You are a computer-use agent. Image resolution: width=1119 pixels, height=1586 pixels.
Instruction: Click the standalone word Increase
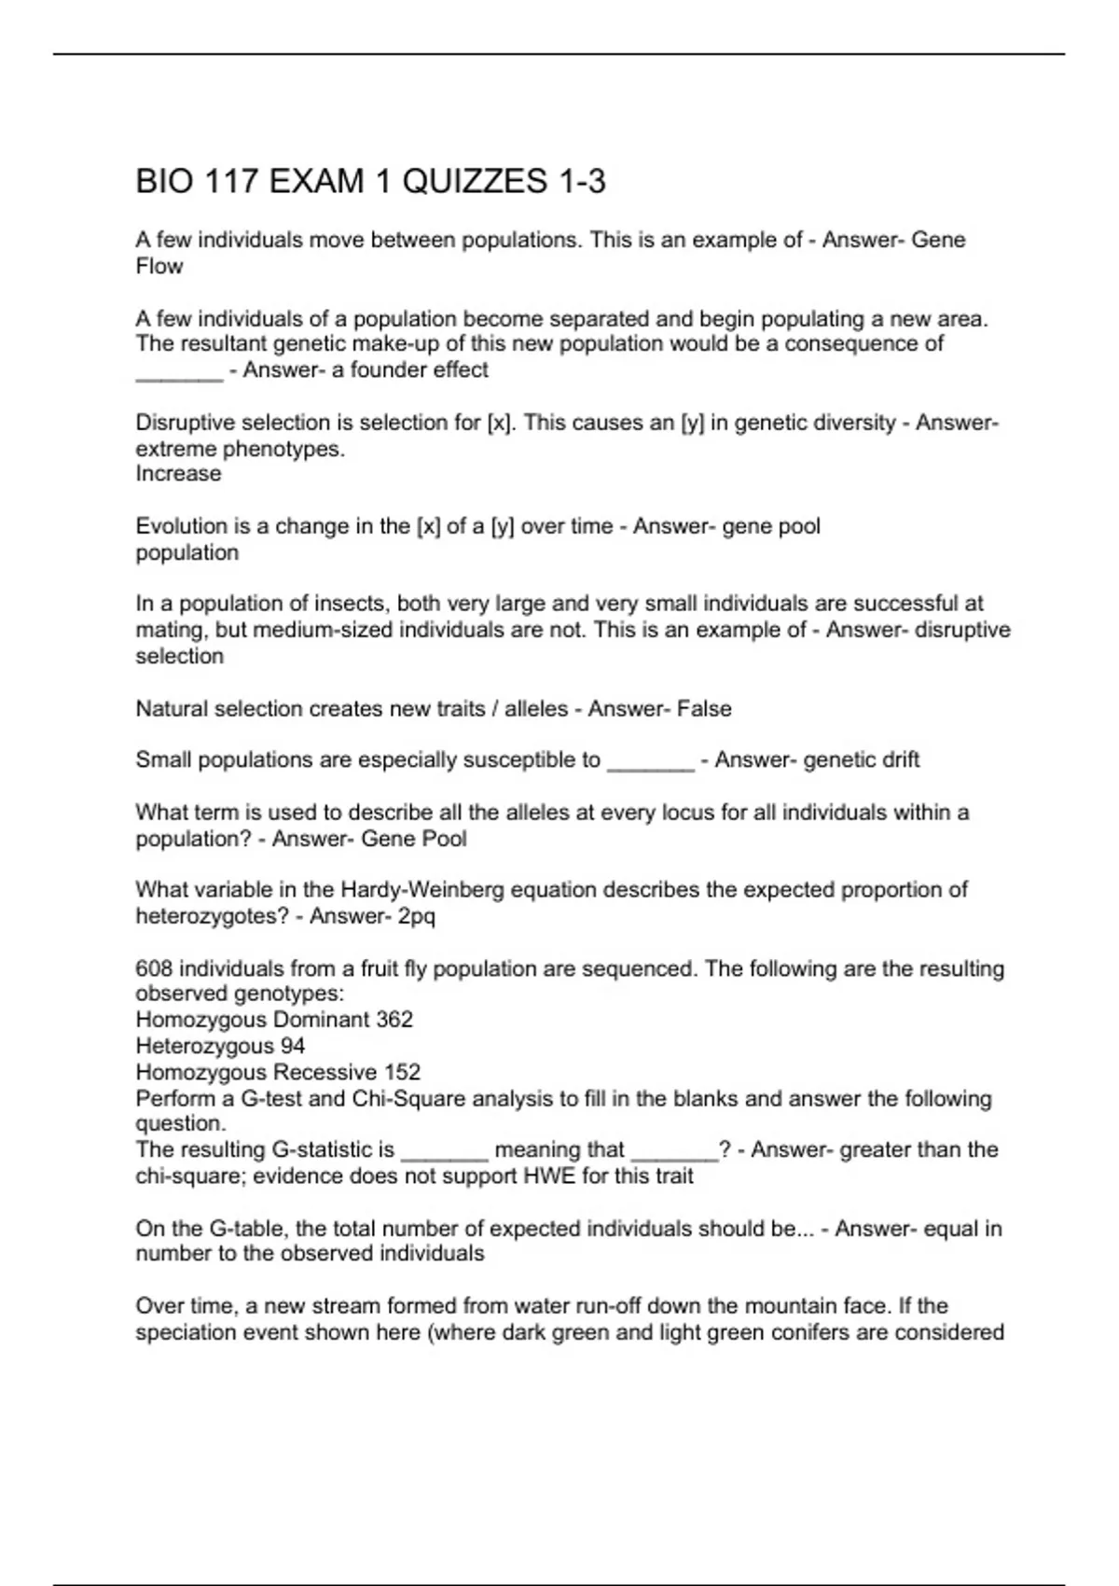click(178, 474)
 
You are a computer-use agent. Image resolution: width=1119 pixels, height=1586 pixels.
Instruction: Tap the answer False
click(704, 709)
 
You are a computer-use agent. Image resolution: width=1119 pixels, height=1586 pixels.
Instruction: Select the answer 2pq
click(416, 916)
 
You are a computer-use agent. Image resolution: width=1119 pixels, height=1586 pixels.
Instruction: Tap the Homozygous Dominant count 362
click(394, 1020)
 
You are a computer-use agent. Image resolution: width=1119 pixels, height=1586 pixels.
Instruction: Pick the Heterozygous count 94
click(292, 1046)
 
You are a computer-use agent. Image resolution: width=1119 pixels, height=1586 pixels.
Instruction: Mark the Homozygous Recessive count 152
click(402, 1072)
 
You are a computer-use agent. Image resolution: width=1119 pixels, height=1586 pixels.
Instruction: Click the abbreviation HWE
click(548, 1176)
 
